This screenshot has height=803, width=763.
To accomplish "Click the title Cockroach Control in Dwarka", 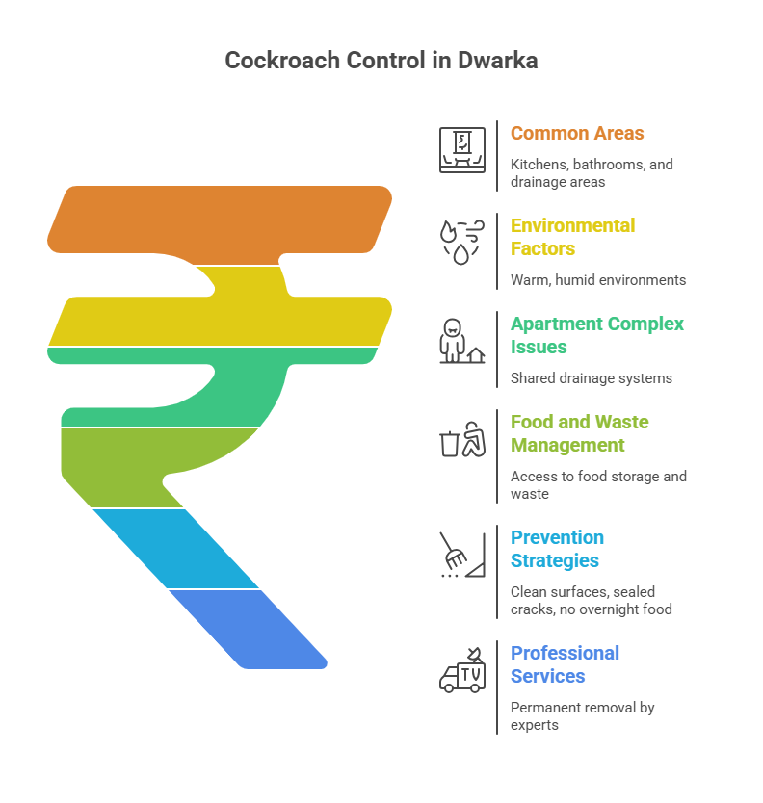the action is coord(381,61).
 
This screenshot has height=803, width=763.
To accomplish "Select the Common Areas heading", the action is coord(577,133).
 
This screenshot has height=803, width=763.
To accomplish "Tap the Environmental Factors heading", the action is coord(572,237).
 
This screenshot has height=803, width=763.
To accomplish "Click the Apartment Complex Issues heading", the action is coord(597,335).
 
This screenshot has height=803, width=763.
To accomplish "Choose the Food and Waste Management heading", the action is coord(580,434).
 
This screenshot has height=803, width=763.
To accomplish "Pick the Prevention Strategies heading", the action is coord(557,549).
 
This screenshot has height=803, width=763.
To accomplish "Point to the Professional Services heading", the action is coord(565,664).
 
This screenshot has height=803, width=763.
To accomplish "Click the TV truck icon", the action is coord(462,670).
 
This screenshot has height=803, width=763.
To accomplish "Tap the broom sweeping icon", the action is coord(462,556).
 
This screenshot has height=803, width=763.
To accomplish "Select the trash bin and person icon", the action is coord(462,439).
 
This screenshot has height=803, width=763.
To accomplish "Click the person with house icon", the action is coord(462,341).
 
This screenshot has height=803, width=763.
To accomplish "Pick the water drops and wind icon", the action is coord(462,243).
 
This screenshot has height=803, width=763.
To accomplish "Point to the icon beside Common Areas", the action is coord(462,150).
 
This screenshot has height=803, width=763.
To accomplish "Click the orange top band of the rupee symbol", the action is coord(221,220).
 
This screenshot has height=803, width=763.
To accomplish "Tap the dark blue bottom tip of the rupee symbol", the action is coord(249,629).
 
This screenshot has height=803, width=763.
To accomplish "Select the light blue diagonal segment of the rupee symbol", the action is coord(175,549).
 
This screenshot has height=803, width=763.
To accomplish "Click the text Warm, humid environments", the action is coord(598,280).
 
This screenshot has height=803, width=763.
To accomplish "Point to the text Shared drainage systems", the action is coord(592,378).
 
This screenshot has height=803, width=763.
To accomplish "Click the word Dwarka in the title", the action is coord(497,61).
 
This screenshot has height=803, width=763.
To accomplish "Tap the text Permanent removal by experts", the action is coord(582,716).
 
